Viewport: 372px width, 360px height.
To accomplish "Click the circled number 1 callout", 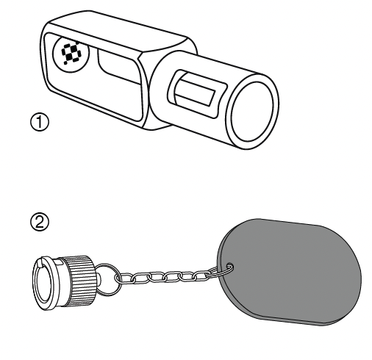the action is tap(40, 122).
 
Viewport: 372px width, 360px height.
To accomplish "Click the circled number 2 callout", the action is tap(40, 222).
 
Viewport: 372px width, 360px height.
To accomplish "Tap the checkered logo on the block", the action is tap(71, 53).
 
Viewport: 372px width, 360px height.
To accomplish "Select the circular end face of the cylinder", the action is tap(252, 112).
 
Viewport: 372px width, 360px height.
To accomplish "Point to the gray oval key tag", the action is tap(289, 272).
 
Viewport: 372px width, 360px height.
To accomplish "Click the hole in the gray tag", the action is tap(229, 267).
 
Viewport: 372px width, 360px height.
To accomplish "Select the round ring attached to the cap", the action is tap(107, 279).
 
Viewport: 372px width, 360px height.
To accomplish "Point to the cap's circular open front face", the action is tap(44, 284).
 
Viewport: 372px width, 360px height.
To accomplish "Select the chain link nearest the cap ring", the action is tap(124, 278).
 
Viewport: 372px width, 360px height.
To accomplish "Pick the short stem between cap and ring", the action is tap(98, 279).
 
